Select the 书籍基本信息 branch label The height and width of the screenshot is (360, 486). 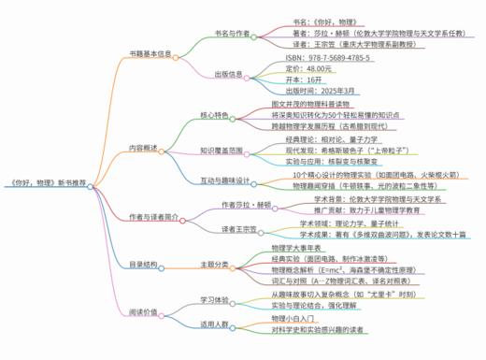pos(150,54)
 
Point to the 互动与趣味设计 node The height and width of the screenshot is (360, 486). pos(225,180)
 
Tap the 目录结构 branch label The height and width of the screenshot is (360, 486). pos(145,265)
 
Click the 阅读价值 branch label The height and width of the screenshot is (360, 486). pos(145,312)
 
